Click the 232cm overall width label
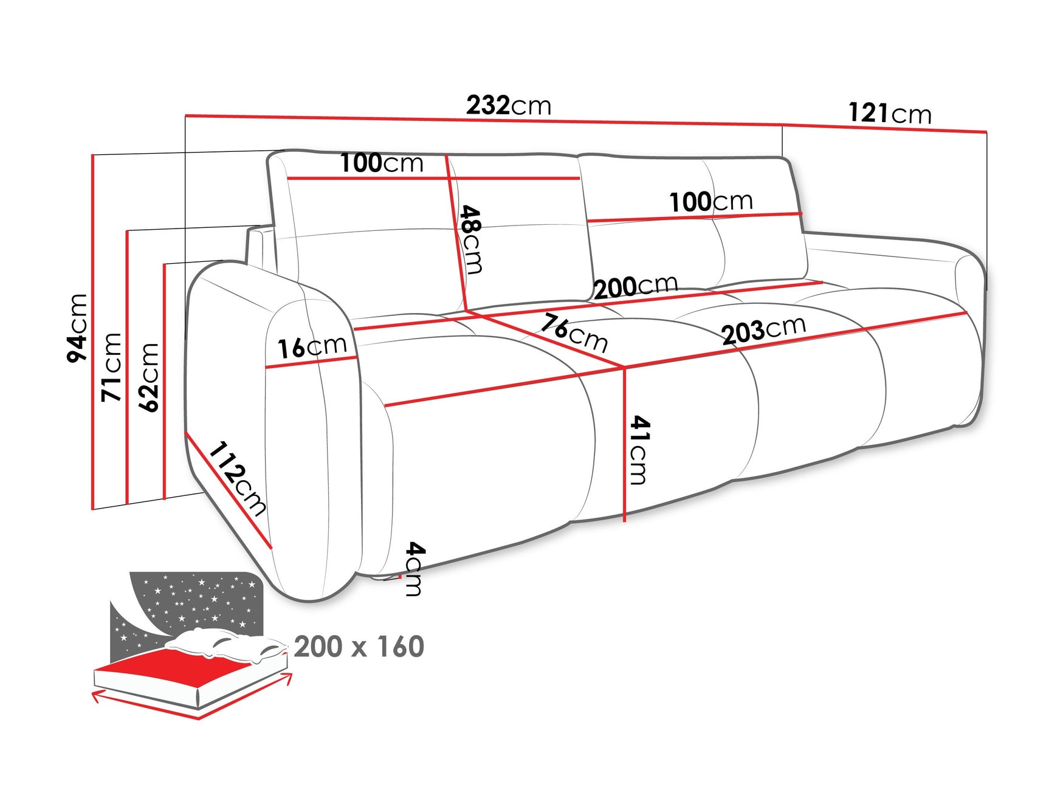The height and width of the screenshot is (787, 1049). pyautogui.click(x=509, y=106)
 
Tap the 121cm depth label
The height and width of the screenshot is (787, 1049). pyautogui.click(x=889, y=114)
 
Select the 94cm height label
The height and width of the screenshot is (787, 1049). pyautogui.click(x=78, y=328)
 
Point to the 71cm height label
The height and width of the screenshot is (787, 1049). pyautogui.click(x=112, y=367)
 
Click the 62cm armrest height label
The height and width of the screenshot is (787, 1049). pyautogui.click(x=149, y=377)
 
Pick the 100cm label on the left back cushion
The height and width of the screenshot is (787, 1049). pyautogui.click(x=381, y=163)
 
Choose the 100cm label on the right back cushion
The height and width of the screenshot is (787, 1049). pyautogui.click(x=710, y=202)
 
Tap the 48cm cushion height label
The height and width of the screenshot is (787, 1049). pyautogui.click(x=472, y=239)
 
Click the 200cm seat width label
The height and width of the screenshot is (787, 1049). pyautogui.click(x=635, y=286)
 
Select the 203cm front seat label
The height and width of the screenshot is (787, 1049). pyautogui.click(x=763, y=330)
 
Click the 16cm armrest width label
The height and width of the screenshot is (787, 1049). pyautogui.click(x=312, y=347)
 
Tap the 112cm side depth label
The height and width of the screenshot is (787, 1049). pyautogui.click(x=238, y=478)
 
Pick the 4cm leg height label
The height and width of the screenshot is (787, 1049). pyautogui.click(x=414, y=569)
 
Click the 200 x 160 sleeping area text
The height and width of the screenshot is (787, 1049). pyautogui.click(x=359, y=647)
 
